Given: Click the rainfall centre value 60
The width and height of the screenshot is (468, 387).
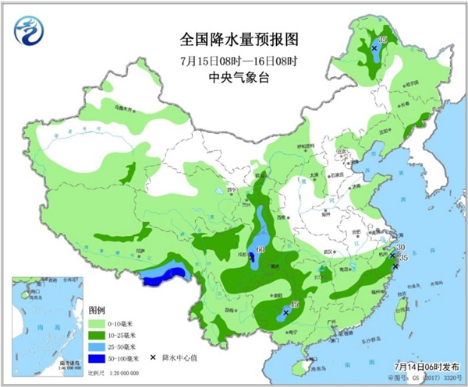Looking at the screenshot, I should pyautogui.click(x=261, y=249).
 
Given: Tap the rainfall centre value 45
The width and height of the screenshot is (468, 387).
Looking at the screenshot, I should pyautogui.click(x=295, y=304).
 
